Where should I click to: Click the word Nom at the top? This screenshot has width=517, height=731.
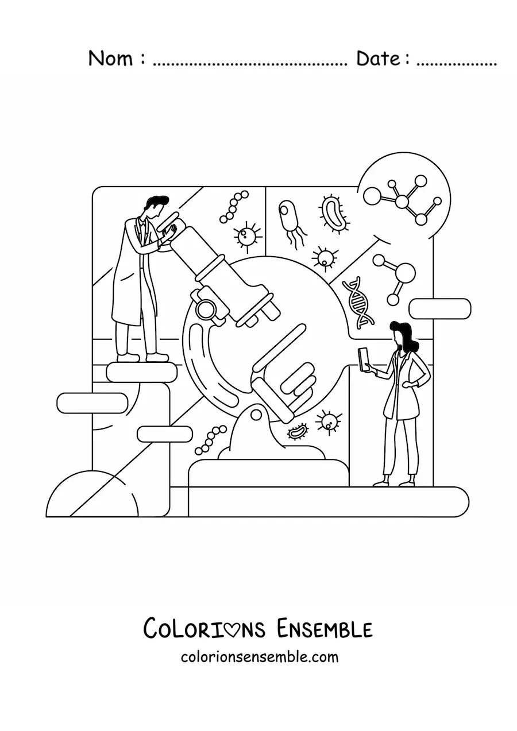(111, 59)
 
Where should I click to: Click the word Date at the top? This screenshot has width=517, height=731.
(378, 59)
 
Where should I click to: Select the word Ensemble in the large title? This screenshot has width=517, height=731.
(325, 629)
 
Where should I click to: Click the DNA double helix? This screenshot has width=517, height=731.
(358, 303)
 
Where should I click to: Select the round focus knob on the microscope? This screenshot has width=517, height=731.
(206, 308)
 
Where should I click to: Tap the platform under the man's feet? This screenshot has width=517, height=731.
(142, 373)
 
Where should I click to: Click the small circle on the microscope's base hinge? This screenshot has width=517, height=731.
(257, 415)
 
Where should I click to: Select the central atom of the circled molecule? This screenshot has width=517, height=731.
(403, 201)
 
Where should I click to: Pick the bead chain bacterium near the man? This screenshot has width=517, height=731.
(234, 207)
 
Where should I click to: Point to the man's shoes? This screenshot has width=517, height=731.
(142, 357)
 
